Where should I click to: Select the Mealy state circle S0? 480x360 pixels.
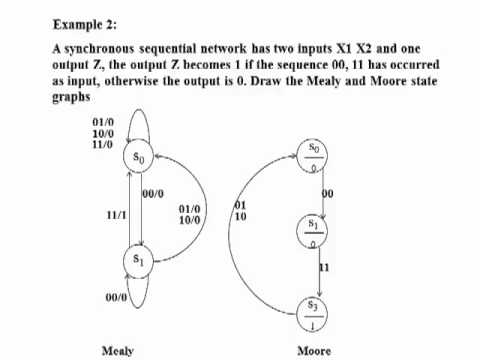pos(142,158)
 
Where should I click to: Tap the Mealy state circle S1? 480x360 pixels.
pos(141,259)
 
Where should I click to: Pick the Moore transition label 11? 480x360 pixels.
pos(324,268)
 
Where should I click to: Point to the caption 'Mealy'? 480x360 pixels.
pos(118,351)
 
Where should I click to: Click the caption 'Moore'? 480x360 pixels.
pos(314,351)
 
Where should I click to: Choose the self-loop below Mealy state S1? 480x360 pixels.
pos(142,297)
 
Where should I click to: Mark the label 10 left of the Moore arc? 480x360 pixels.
pos(240,215)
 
